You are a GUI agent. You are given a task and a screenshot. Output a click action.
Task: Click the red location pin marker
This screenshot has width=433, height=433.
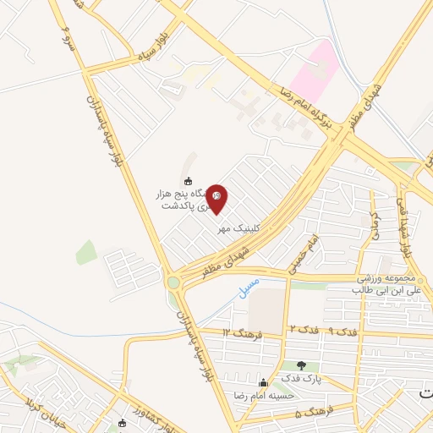pos(216,198)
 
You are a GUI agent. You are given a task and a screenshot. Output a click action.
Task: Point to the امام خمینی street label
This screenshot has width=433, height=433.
pos(303,248)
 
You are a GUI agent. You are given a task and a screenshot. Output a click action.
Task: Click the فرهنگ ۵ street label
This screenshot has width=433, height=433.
pos(312,414)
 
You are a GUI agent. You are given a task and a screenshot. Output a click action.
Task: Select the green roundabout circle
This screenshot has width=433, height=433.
pos(173,282)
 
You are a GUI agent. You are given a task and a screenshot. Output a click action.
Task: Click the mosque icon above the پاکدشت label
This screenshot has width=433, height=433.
pos(188,180)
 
